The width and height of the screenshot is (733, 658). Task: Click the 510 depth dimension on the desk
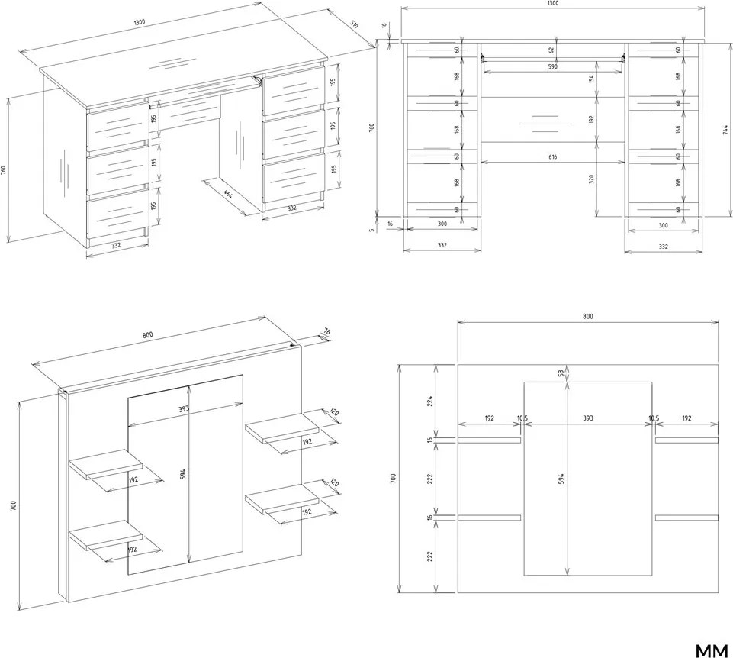(x=355, y=24)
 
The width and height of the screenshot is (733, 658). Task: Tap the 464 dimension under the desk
(x=227, y=193)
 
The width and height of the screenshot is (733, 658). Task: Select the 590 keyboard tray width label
(x=552, y=66)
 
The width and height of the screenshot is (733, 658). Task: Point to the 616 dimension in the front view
(x=552, y=157)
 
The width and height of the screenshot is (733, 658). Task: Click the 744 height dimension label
(x=725, y=130)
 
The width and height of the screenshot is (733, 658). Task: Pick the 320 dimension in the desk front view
(x=591, y=179)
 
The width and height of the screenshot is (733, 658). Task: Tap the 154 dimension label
(x=591, y=79)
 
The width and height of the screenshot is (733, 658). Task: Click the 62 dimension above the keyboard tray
(x=551, y=49)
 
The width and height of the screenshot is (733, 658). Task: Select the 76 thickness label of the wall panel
(x=326, y=332)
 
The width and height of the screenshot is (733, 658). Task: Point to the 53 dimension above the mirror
(x=561, y=373)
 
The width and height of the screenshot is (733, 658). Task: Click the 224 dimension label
(x=430, y=401)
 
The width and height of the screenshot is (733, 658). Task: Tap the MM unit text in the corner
(x=712, y=650)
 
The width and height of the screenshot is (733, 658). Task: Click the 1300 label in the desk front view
(x=552, y=3)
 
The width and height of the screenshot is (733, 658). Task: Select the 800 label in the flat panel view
(x=587, y=316)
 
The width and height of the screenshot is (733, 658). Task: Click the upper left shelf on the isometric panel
(x=106, y=464)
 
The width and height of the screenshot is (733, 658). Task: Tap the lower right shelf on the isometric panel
(x=282, y=499)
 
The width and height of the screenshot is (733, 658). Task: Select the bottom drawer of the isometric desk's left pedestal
(x=117, y=213)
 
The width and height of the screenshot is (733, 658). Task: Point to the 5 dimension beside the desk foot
(x=372, y=230)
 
